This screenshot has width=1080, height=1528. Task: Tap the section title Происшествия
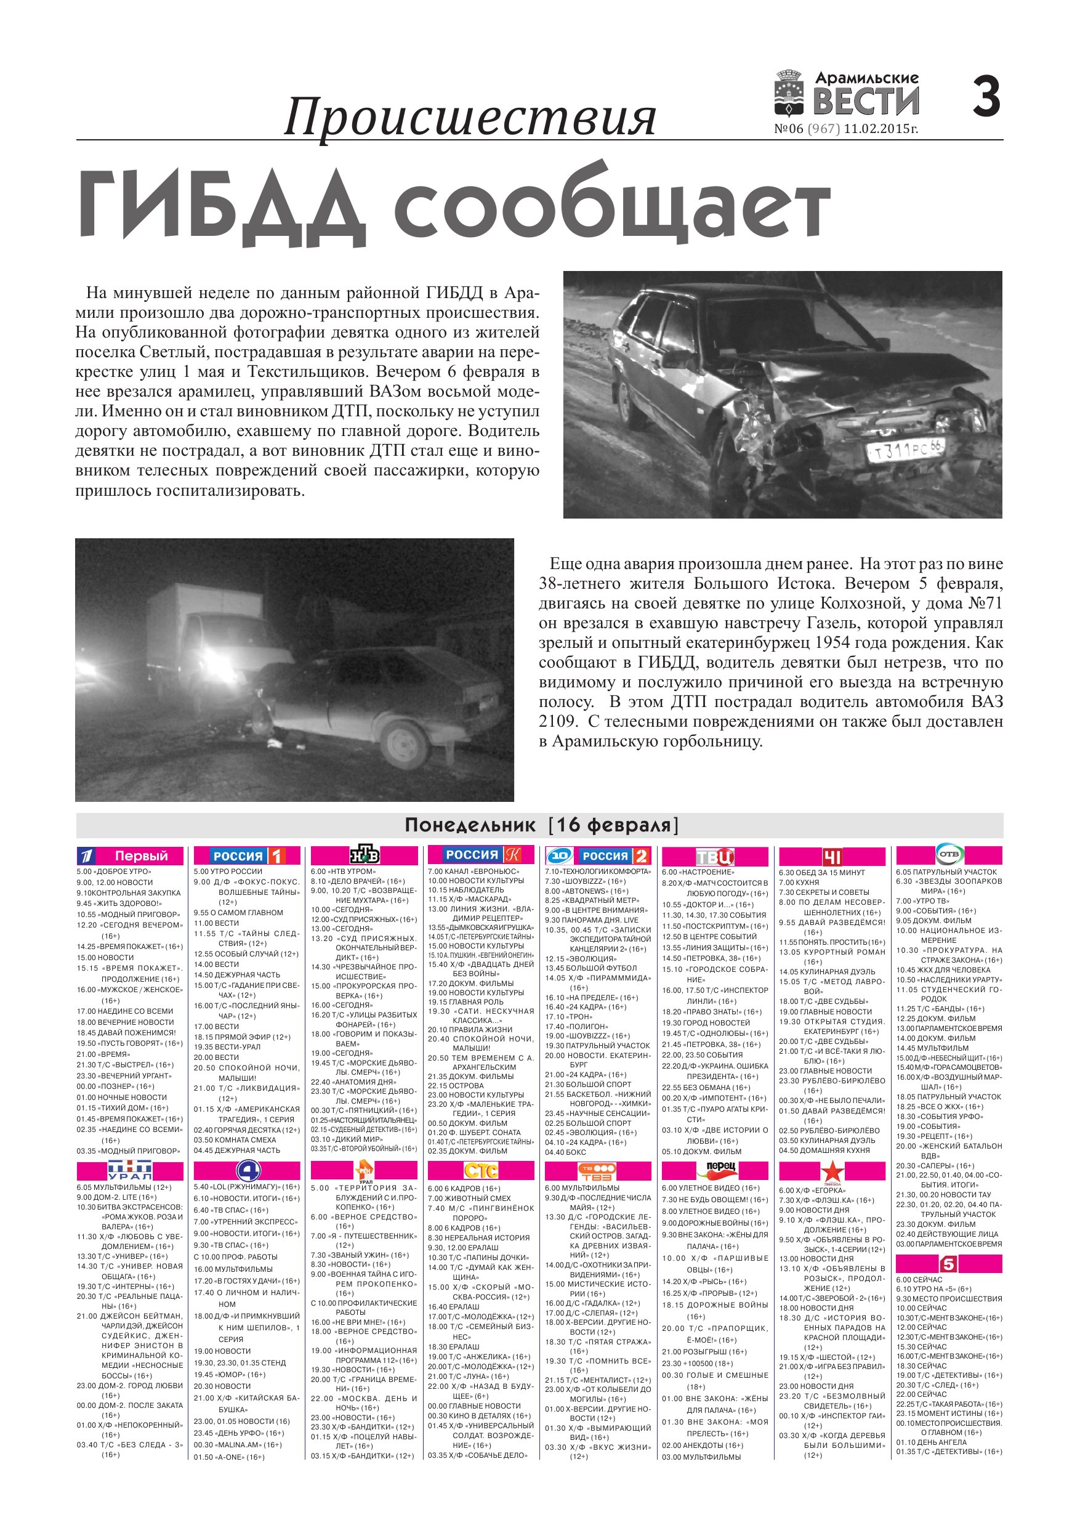[x=470, y=117]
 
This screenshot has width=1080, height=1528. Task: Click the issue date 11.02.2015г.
[x=881, y=129]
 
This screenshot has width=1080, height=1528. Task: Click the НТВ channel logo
[x=365, y=855]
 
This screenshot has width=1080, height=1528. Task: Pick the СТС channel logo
[x=480, y=1170]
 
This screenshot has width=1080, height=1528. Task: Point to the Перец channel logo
[x=716, y=1166]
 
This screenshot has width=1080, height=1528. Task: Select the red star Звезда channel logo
[x=831, y=1171]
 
